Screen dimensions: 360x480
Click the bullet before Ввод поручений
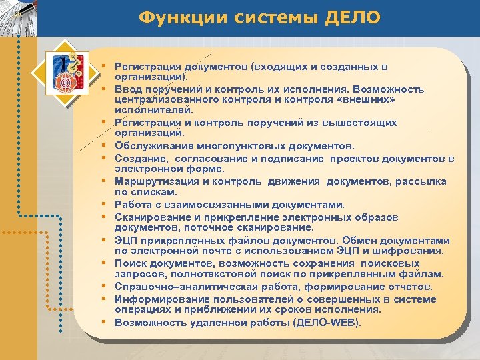[x=105, y=89]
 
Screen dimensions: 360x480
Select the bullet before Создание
[x=105, y=158]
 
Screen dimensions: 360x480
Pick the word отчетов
[x=411, y=287]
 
